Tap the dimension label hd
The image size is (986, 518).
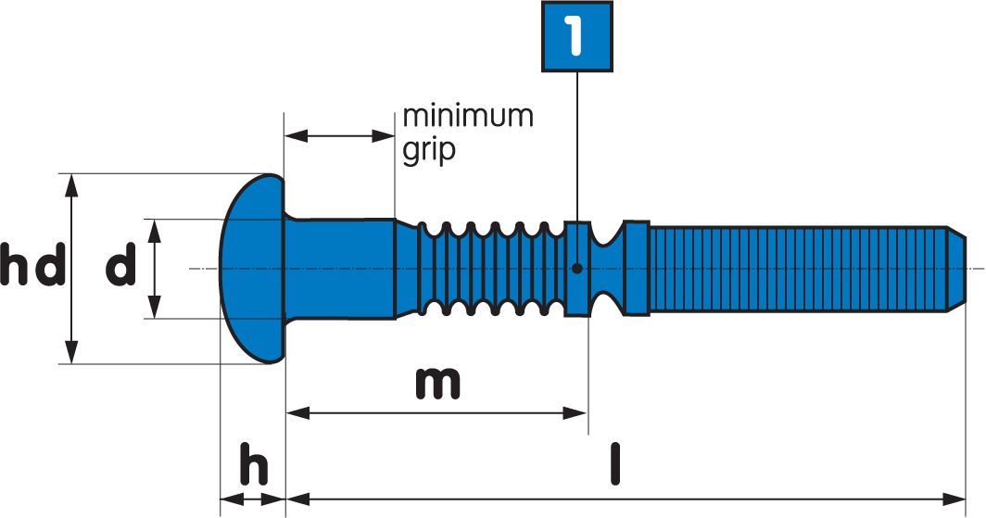point(33,267)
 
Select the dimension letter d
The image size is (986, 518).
point(120,267)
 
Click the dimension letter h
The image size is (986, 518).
point(254,466)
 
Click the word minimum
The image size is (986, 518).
point(468,117)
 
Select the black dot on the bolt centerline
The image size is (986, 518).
point(576,269)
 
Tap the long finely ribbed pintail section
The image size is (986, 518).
point(797,269)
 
